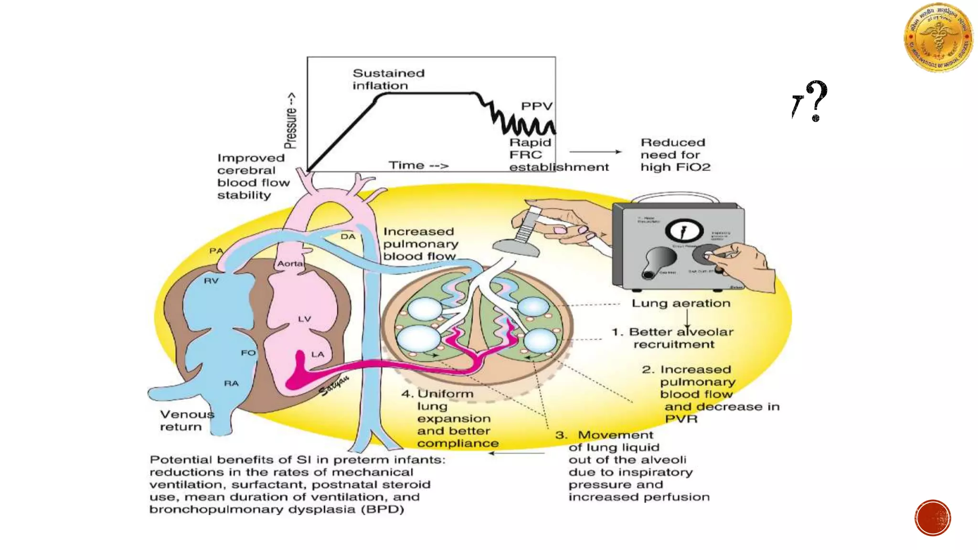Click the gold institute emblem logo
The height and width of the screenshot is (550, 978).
click(938, 38)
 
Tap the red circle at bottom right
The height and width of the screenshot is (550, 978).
click(933, 518)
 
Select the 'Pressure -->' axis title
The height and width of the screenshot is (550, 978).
click(290, 120)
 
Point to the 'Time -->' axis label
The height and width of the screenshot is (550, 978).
click(418, 165)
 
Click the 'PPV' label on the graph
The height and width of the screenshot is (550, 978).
click(536, 106)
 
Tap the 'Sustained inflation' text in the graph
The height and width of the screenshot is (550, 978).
click(388, 79)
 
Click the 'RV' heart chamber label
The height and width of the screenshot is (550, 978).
click(211, 281)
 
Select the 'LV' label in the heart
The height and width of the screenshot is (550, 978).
click(304, 319)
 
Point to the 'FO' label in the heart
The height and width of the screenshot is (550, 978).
click(248, 353)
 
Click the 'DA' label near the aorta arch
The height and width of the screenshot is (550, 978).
click(348, 236)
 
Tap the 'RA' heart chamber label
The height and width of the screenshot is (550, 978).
click(231, 383)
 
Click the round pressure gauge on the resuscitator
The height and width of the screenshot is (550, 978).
click(684, 231)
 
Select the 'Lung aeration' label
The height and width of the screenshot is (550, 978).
click(680, 303)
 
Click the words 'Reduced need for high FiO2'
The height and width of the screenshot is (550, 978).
click(675, 155)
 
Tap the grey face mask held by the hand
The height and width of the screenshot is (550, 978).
click(516, 246)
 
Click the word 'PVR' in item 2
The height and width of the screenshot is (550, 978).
click(681, 419)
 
